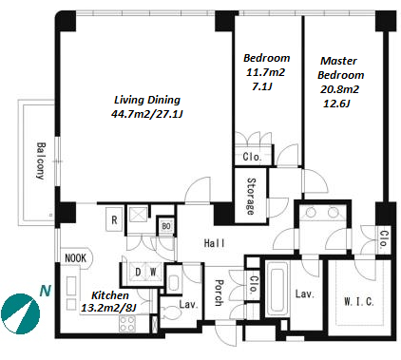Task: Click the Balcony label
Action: [41, 161]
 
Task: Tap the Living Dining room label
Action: [147, 100]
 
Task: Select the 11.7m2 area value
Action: [265, 72]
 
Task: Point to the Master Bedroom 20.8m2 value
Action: [339, 89]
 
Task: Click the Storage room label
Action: [251, 197]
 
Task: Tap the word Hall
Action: [215, 243]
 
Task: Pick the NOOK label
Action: [75, 258]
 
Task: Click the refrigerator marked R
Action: [114, 219]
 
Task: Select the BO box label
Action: [166, 226]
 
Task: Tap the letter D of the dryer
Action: [138, 272]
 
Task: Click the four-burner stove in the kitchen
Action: [127, 324]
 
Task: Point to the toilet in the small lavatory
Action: [170, 313]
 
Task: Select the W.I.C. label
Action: [359, 301]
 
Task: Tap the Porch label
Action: [220, 293]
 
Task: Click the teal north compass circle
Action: [21, 313]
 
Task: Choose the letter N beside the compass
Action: [46, 291]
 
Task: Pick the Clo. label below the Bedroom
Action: [252, 157]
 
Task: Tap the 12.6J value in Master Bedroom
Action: [336, 104]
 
